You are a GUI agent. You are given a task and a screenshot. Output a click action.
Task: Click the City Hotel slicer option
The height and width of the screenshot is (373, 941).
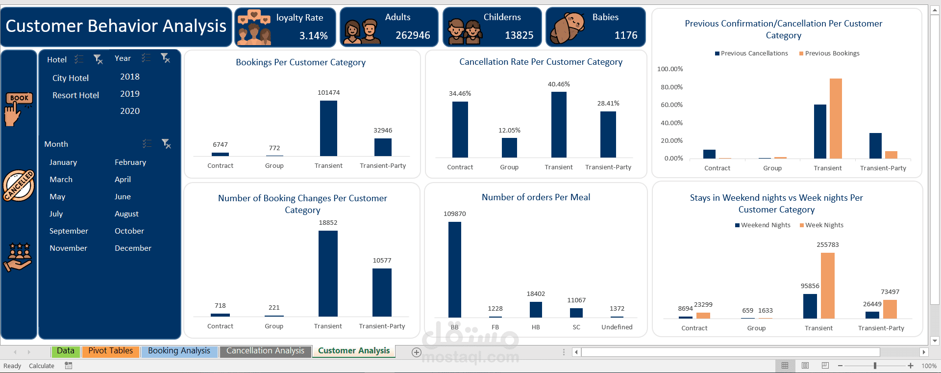pos(71,78)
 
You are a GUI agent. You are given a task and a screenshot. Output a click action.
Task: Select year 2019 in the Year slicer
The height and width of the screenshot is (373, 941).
pos(130,94)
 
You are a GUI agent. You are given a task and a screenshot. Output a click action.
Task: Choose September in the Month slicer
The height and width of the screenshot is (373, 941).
pos(69,231)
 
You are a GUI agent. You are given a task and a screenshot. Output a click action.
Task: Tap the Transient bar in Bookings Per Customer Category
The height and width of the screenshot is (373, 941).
pos(328,128)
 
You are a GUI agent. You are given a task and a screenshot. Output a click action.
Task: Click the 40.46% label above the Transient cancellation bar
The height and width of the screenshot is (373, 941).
pos(559,84)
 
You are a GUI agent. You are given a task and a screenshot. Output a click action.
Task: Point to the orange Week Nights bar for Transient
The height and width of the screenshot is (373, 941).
pos(827,286)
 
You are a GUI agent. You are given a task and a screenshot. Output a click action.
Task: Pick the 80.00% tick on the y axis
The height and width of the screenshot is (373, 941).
pos(671,87)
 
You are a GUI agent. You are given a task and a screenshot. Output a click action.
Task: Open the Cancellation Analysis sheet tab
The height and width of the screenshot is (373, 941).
pos(265,351)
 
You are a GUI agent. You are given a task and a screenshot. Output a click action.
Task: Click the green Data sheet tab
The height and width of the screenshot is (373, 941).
pos(66,351)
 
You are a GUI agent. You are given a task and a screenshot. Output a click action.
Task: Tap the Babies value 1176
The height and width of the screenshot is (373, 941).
pos(626,35)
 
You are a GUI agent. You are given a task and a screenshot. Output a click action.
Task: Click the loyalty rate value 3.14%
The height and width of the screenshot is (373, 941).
pos(314,36)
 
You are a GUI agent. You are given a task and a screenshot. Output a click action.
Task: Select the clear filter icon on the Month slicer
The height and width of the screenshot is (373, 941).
pos(166,144)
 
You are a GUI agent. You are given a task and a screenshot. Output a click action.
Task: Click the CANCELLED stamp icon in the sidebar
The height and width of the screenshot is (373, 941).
pos(19,186)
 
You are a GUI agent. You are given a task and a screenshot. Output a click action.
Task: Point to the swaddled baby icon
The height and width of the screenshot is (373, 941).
pos(568,27)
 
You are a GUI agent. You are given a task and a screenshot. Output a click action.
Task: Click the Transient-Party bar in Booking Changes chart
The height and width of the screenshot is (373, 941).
pos(382,292)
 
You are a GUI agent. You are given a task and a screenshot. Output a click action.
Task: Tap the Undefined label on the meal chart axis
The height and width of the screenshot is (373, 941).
pos(617,327)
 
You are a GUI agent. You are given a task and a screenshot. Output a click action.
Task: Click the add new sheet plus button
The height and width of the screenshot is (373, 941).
pos(417,352)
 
